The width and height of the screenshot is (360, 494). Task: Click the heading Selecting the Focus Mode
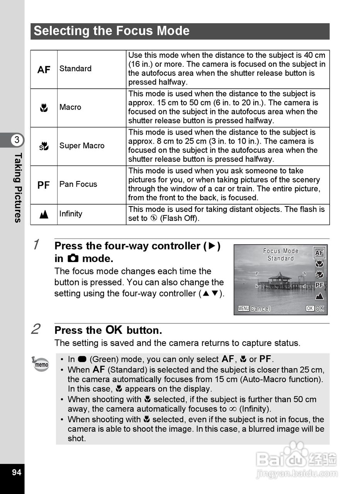[112, 31]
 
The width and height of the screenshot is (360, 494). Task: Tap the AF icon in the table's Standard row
[44, 69]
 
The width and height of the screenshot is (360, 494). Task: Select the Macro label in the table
[70, 107]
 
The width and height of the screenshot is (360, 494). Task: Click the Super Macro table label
[82, 146]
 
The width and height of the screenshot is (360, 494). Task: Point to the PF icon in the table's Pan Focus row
[44, 185]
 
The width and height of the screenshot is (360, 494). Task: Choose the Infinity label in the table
[71, 214]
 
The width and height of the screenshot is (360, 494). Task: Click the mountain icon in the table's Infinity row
[44, 215]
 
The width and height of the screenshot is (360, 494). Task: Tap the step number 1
[36, 244]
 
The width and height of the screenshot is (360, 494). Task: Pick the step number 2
[36, 329]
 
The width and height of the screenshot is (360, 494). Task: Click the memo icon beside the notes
[41, 364]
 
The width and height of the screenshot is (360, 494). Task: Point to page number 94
[17, 472]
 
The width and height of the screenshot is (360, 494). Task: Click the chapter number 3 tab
[17, 140]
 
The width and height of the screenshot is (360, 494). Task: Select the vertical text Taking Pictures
[17, 188]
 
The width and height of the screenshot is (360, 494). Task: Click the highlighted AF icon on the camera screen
[319, 253]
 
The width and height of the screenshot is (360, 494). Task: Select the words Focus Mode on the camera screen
[281, 251]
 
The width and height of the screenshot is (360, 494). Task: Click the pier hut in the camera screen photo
[280, 279]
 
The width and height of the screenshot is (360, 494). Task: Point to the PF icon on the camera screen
[319, 285]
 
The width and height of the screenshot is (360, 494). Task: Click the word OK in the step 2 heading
[114, 330]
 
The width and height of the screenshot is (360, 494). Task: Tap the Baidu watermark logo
[296, 459]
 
